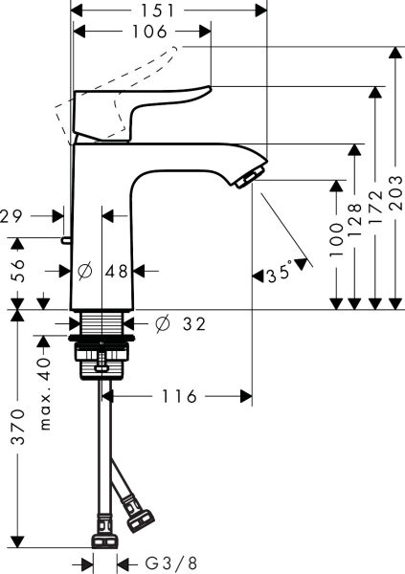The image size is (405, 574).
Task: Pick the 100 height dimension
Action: [337, 234]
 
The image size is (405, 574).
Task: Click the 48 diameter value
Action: [117, 272]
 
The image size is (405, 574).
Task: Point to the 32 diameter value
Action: [192, 325]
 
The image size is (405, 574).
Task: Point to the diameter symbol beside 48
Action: [84, 272]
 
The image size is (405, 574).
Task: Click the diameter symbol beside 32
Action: [161, 325]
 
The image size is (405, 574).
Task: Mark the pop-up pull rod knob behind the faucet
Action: [66, 239]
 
